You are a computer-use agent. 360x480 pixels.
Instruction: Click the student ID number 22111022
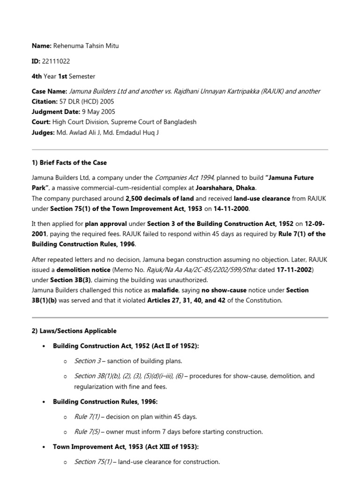click(56, 61)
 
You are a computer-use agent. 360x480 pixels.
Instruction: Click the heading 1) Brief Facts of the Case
click(69, 163)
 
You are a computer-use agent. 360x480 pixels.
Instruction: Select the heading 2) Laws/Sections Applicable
click(74, 331)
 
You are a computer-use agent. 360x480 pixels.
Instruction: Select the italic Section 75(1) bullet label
click(93, 462)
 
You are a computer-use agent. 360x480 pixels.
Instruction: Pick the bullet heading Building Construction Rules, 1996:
click(105, 402)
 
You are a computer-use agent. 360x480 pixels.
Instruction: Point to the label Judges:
click(43, 132)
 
